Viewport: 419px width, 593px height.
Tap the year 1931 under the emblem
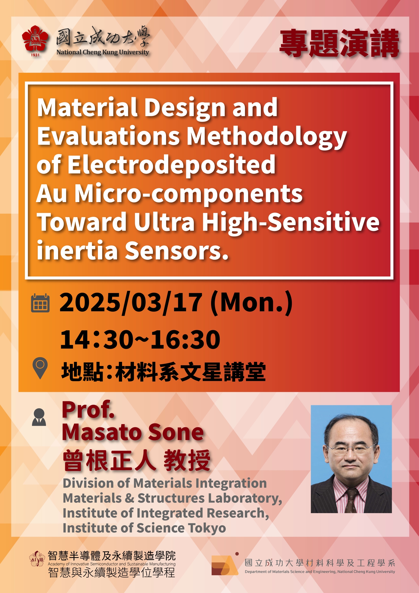pyautogui.click(x=35, y=55)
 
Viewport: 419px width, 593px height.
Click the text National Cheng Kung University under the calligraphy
pyautogui.click(x=103, y=52)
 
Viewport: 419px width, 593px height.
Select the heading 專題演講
pyautogui.click(x=339, y=43)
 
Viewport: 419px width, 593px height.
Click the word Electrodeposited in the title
pyautogui.click(x=172, y=165)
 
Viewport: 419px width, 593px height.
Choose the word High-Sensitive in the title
pyautogui.click(x=291, y=222)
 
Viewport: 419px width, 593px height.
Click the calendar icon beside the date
pyautogui.click(x=40, y=303)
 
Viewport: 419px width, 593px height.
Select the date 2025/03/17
pyautogui.click(x=131, y=303)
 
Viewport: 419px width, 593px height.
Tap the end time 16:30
pyautogui.click(x=186, y=340)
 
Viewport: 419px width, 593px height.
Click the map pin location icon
pyautogui.click(x=40, y=368)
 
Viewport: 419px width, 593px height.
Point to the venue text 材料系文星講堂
pyautogui.click(x=191, y=372)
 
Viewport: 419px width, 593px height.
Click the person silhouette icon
pyautogui.click(x=39, y=417)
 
